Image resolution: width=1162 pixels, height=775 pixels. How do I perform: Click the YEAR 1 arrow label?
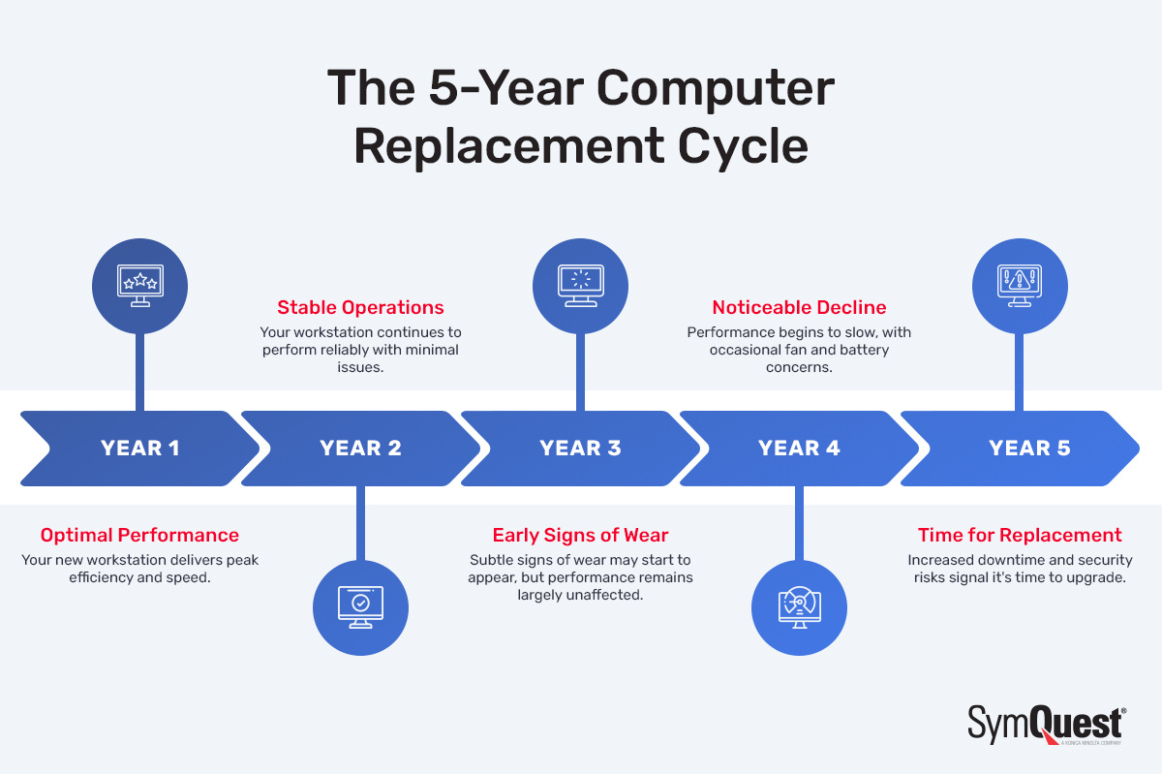(139, 448)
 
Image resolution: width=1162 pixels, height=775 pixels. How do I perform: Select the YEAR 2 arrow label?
(360, 448)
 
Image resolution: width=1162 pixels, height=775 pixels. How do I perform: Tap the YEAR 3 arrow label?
(580, 448)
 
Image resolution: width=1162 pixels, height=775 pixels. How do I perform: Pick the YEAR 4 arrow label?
(799, 448)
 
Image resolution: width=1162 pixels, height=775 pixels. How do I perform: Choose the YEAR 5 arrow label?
(1029, 448)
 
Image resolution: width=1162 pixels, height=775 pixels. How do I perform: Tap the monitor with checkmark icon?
(360, 606)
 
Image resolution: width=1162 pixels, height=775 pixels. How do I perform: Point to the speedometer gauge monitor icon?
(800, 606)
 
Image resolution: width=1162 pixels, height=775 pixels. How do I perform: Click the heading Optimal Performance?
(139, 535)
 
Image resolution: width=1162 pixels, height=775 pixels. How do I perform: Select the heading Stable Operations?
(360, 308)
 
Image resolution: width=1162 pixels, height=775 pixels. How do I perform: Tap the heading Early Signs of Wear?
(580, 535)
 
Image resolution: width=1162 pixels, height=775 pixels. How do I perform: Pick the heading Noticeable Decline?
(799, 308)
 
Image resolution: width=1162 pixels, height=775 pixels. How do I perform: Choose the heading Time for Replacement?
(1020, 535)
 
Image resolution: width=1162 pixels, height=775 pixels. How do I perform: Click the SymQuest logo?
(1046, 725)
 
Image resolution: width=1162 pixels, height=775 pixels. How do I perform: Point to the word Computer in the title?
(714, 88)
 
